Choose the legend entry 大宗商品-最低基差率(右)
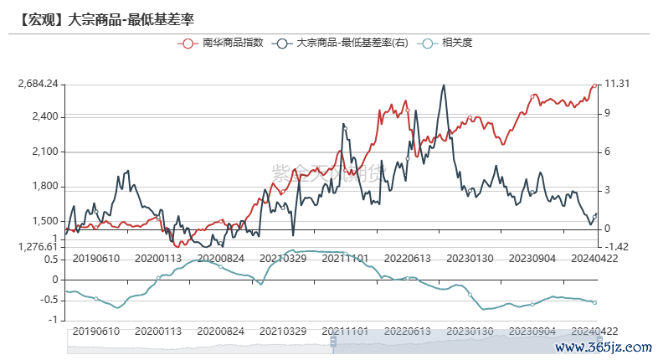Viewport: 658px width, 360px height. pyautogui.click(x=352, y=42)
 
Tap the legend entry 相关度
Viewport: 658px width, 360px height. pyautogui.click(x=457, y=42)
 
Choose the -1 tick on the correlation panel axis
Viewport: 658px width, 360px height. pyautogui.click(x=54, y=320)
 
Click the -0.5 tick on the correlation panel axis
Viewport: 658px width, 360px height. pyautogui.click(x=49, y=300)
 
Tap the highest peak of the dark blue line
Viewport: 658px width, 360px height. pyautogui.click(x=444, y=85)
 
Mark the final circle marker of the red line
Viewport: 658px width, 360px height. pyautogui.click(x=594, y=85)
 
